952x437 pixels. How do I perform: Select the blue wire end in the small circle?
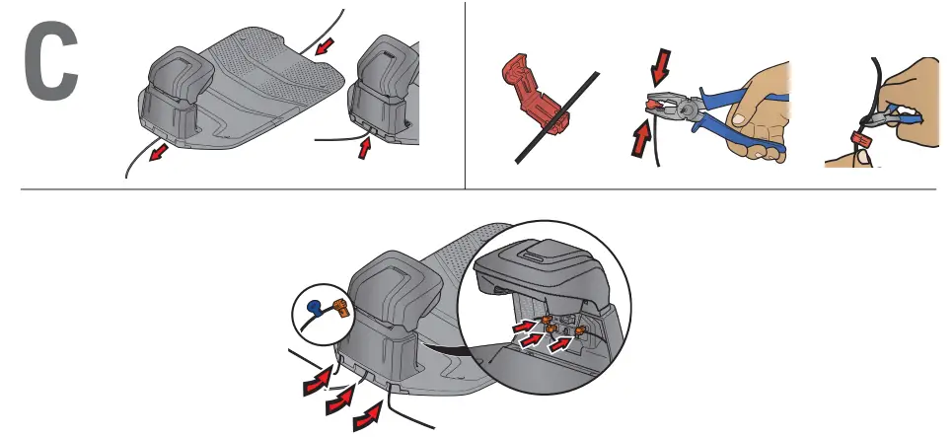pos(314,307)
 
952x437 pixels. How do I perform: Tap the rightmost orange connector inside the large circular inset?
pos(582,331)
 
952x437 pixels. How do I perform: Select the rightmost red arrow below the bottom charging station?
pos(369,415)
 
